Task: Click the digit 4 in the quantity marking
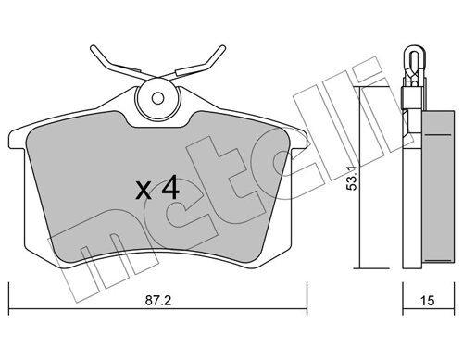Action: (169, 189)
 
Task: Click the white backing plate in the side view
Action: (408, 176)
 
